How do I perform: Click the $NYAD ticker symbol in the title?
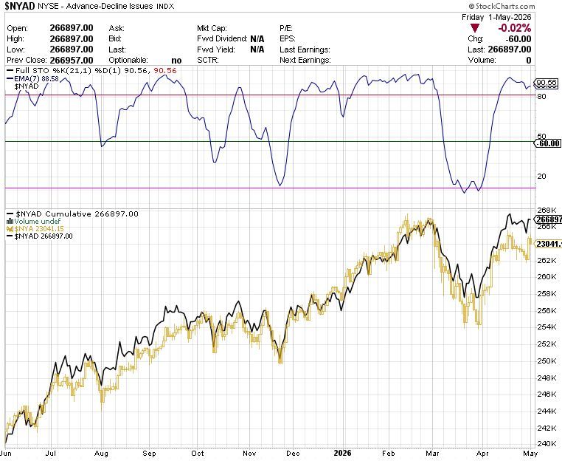click(x=20, y=6)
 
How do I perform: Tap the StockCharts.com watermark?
click(x=502, y=6)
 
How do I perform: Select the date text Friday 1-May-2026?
click(x=496, y=17)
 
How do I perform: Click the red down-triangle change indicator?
click(x=475, y=28)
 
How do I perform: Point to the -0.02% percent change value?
click(x=515, y=28)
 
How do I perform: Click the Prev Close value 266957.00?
click(x=72, y=60)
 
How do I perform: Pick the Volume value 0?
click(x=529, y=60)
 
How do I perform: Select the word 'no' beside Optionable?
click(x=176, y=61)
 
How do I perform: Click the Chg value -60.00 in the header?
click(x=518, y=38)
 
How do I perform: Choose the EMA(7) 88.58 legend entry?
click(x=36, y=78)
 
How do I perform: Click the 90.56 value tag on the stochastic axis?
click(x=547, y=83)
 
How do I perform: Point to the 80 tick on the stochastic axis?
click(x=542, y=96)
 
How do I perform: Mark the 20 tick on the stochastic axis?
click(x=542, y=176)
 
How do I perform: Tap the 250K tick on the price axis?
click(x=547, y=361)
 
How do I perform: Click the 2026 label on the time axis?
click(x=342, y=453)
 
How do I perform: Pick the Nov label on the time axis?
click(x=249, y=453)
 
